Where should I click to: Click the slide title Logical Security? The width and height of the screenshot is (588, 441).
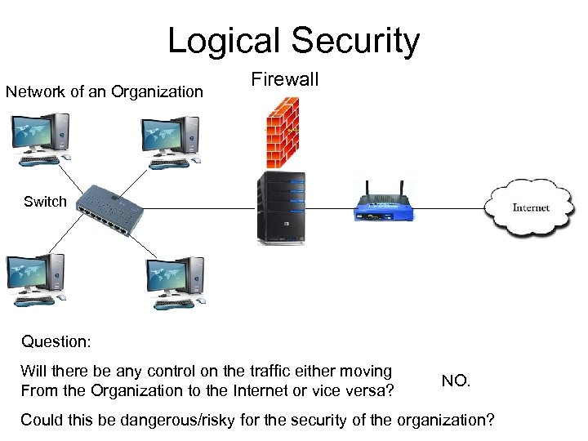(x=293, y=41)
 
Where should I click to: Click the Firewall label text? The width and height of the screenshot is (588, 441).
(x=284, y=80)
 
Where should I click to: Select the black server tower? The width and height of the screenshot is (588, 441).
(x=280, y=208)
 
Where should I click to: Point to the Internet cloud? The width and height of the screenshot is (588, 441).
(x=530, y=207)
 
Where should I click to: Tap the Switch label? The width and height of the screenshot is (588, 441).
(x=45, y=202)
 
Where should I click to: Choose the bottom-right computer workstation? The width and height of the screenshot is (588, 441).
(x=174, y=283)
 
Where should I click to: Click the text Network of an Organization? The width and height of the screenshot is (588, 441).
(x=105, y=91)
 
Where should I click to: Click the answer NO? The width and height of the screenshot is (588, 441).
(x=455, y=381)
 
